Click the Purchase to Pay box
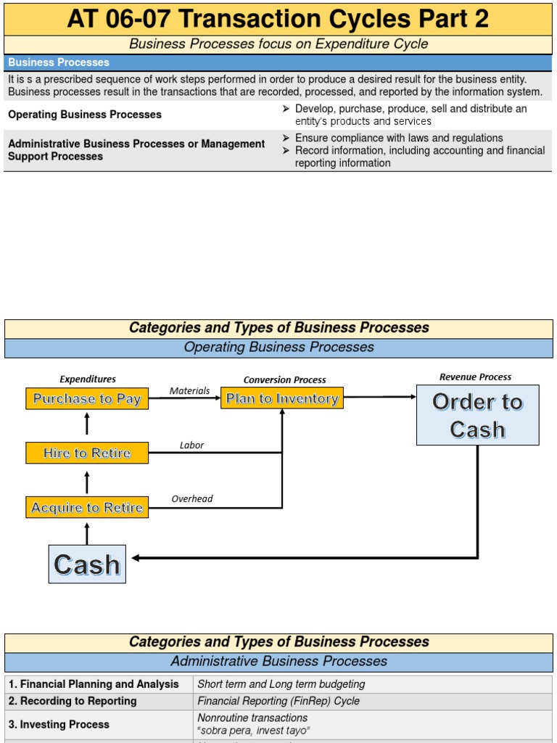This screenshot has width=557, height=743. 87,398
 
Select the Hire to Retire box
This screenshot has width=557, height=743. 87,453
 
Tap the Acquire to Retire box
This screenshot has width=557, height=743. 87,507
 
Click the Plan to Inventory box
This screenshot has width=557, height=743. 282,398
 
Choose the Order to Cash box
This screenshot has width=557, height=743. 477,415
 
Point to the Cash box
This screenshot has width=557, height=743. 87,564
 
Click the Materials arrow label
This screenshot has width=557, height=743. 189,391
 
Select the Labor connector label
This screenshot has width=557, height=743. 191,446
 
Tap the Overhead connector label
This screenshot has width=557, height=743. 192,499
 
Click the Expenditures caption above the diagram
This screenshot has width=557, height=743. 87,379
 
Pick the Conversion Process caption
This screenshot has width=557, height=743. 284,379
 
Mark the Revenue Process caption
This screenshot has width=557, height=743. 475,377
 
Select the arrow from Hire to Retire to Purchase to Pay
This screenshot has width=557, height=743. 87,424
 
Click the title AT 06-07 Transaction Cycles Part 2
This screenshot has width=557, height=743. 278,19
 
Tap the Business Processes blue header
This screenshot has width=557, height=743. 59,62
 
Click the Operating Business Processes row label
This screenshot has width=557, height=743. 85,115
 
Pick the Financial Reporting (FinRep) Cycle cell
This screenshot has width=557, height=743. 278,701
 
